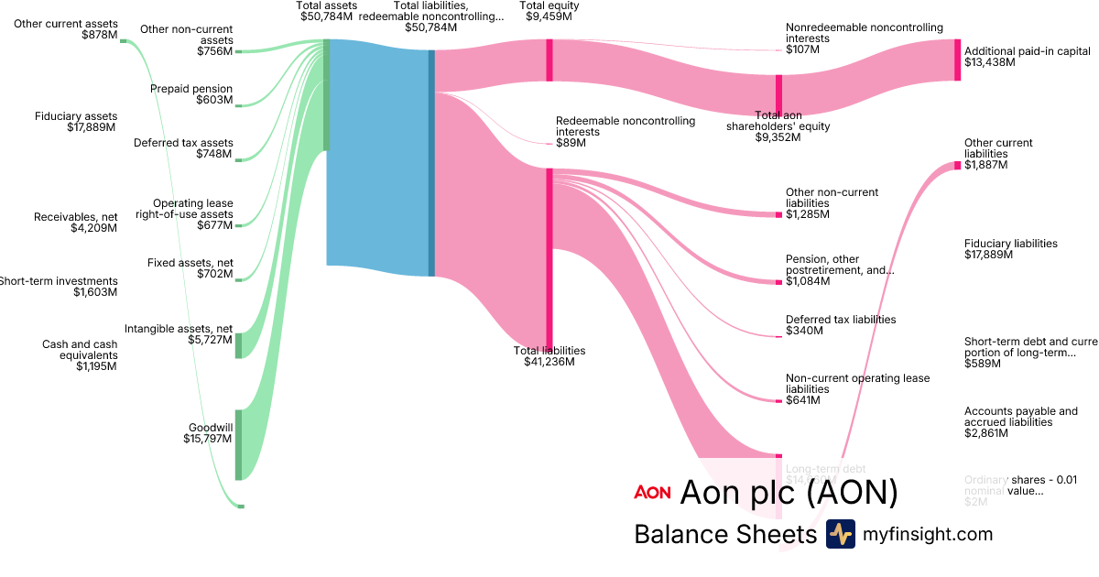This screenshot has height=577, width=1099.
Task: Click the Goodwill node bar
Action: pos(239,444)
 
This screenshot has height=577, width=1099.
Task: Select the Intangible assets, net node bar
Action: pos(239,345)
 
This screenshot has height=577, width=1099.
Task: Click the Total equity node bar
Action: pos(549,60)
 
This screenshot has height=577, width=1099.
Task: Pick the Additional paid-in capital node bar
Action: pos(957,60)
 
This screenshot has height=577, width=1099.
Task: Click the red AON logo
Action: pos(652,493)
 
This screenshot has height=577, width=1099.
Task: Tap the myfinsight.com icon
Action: pos(840,534)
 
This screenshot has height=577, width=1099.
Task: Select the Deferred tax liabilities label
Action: pos(840,320)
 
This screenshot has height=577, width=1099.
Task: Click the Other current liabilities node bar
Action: pos(957,165)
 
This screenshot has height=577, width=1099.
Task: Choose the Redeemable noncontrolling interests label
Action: pos(626,126)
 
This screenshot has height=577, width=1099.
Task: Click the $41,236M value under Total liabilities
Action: pos(549,362)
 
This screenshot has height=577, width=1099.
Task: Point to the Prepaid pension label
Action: pos(191,89)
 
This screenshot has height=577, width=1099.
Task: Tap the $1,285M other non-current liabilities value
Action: pos(808,214)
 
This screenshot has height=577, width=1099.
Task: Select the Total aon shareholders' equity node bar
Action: pos(778,94)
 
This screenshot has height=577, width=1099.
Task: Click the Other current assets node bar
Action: pos(124,40)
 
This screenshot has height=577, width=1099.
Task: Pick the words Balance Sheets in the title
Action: pos(724,534)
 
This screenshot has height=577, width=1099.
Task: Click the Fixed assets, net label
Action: pos(190,263)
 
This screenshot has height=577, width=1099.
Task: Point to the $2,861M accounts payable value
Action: pos(986,433)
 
